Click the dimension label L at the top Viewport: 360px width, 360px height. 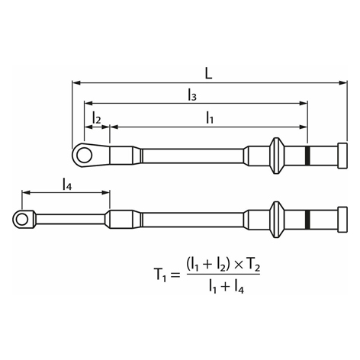point(208,73)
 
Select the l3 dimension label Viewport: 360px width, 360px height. point(192,95)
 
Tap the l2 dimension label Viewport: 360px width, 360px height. point(97,117)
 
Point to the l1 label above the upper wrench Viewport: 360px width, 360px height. point(210,118)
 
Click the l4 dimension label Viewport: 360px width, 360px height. point(67,184)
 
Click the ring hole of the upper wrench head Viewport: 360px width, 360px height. point(84,156)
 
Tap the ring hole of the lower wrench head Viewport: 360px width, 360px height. point(22,219)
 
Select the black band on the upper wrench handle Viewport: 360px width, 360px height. point(308,156)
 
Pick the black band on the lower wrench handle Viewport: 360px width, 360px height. point(308,219)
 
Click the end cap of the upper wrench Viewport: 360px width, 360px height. point(342,156)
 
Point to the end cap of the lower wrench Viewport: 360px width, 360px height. point(342,219)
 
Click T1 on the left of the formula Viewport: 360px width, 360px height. point(160,275)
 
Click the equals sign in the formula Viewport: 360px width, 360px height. point(175,275)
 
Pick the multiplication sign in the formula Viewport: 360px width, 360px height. point(238,265)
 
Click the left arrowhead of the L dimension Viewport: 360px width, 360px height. point(76,83)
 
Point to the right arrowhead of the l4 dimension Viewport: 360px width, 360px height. point(106,192)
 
